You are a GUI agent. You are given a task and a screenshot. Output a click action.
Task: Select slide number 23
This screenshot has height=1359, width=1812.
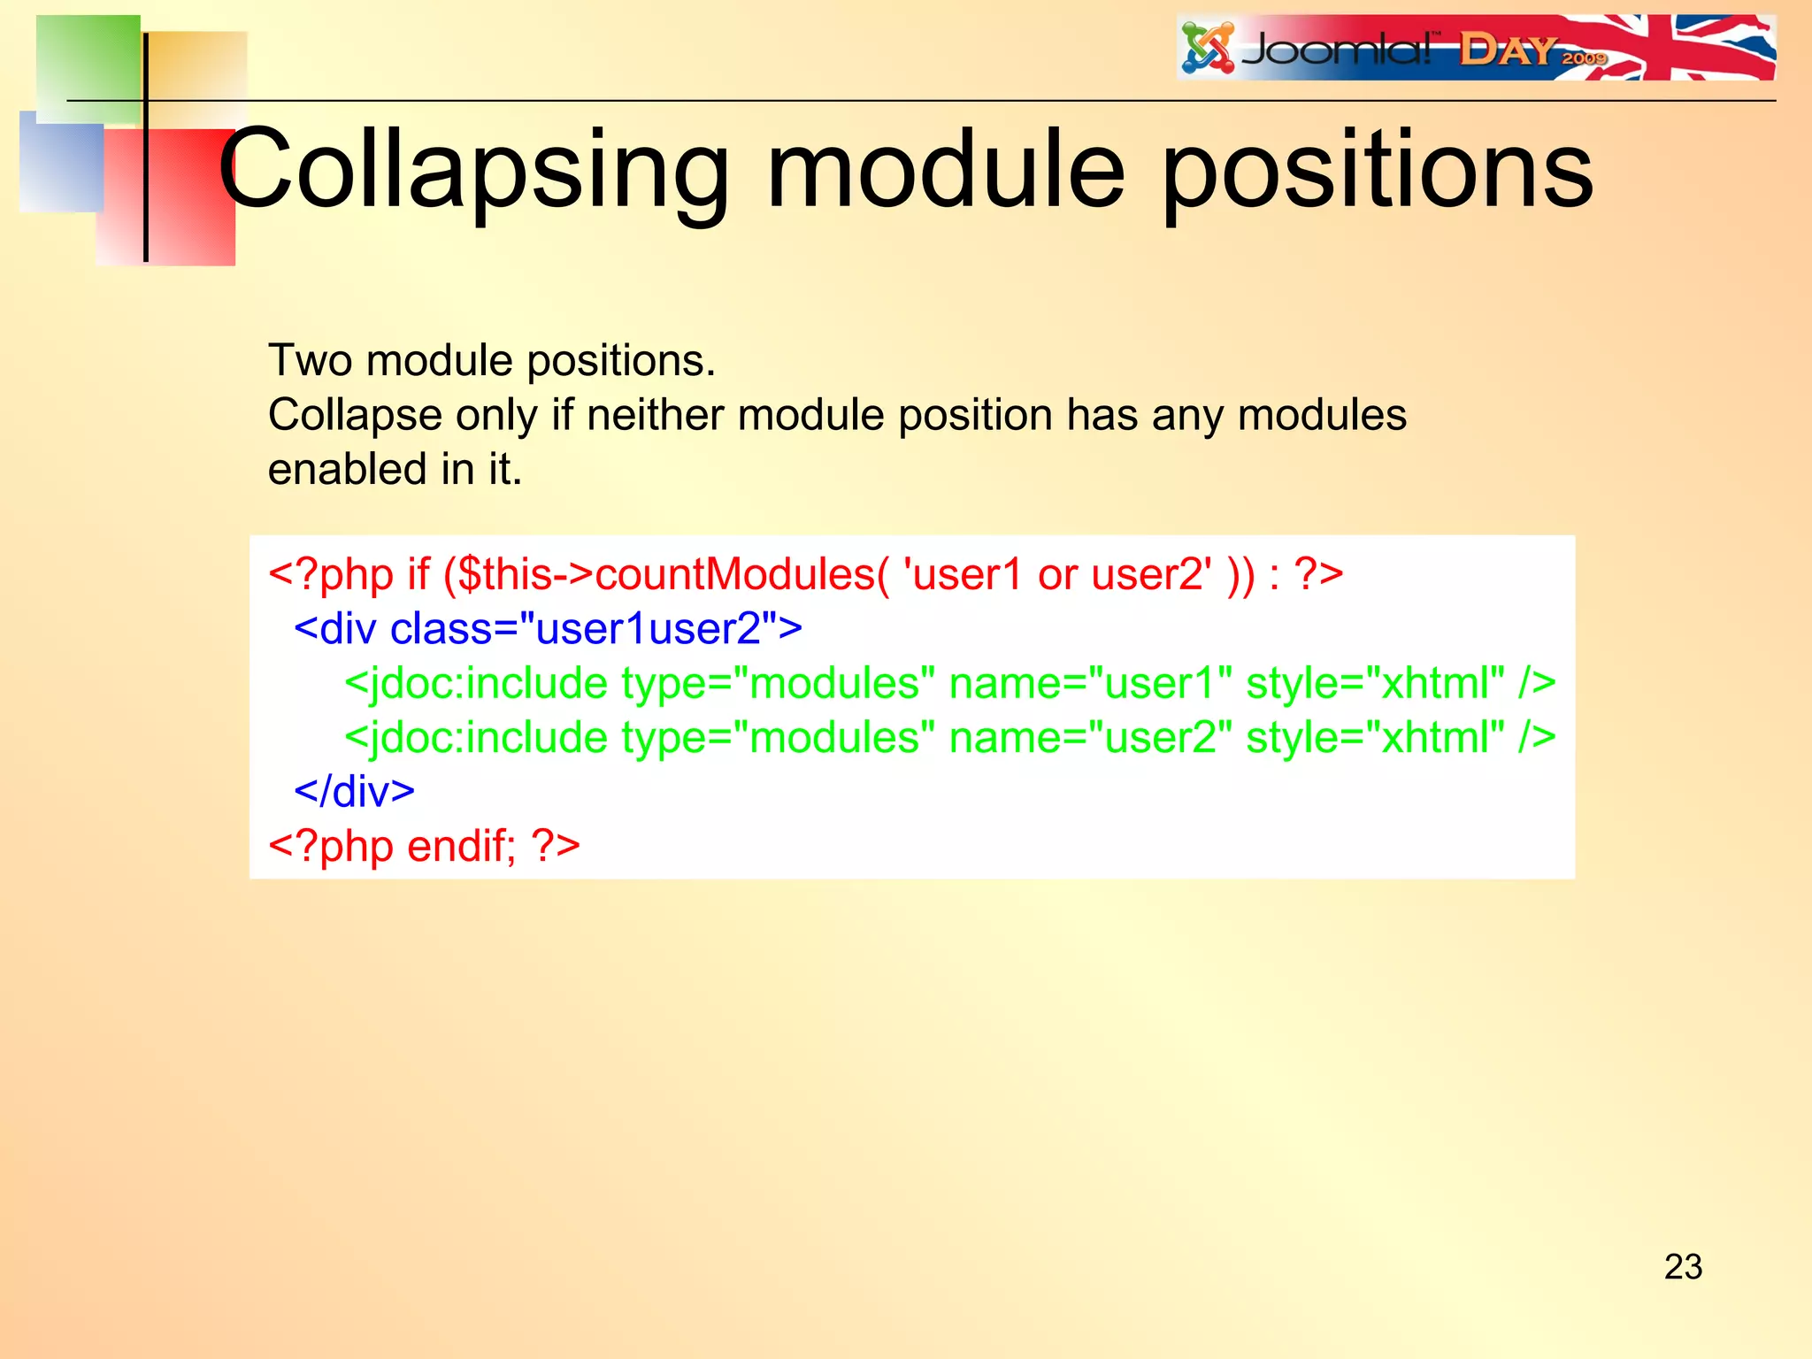click(x=1683, y=1267)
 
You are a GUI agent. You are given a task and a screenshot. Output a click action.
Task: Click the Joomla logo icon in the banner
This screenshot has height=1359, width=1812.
click(x=1208, y=49)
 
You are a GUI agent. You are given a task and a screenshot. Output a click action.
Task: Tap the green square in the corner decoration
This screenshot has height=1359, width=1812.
click(x=87, y=66)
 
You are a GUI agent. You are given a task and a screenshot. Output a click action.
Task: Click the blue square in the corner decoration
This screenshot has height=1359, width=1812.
click(x=60, y=164)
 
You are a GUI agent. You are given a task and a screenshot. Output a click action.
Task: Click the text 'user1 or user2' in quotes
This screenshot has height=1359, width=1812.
click(x=1057, y=575)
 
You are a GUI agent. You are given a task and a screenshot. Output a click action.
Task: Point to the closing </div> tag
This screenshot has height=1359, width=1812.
click(x=354, y=792)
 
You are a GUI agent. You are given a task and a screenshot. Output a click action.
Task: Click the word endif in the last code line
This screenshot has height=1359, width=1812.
click(x=460, y=847)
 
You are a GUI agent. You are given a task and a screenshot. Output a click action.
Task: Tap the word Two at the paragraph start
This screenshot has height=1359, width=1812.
click(x=310, y=361)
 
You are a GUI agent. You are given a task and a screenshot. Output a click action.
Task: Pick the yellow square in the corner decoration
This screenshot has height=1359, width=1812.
click(x=199, y=75)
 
